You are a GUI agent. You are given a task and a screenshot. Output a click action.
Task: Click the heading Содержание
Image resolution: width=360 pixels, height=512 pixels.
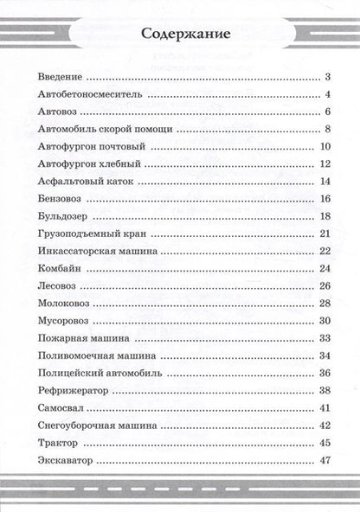179,35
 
